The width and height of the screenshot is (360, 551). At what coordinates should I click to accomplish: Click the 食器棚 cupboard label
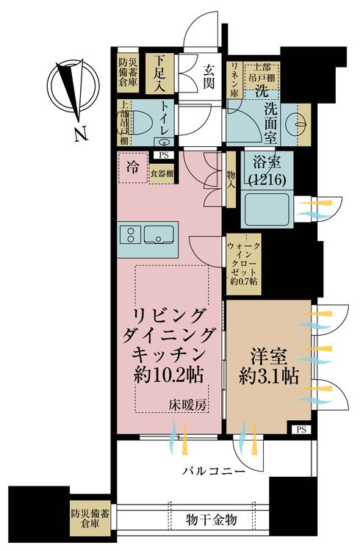[x=162, y=174]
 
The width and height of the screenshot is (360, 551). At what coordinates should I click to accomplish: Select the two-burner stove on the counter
[x=131, y=235]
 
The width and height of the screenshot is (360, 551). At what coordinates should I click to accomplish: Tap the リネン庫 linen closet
[x=234, y=76]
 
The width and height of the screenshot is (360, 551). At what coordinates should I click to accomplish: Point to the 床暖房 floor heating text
[x=189, y=404]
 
